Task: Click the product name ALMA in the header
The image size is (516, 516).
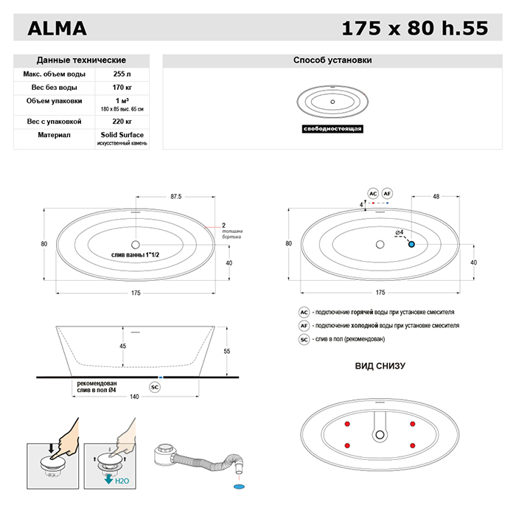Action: point(57,29)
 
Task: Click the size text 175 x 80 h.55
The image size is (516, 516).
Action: point(415,29)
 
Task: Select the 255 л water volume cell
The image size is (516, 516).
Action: point(118,74)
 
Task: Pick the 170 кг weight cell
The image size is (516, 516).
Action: point(118,88)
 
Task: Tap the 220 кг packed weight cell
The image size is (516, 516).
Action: point(118,121)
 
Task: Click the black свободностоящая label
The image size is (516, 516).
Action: point(332,129)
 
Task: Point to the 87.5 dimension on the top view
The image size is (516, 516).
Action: point(175,197)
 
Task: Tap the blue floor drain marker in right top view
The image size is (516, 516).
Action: point(411,243)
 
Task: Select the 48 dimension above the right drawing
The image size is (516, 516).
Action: point(436,197)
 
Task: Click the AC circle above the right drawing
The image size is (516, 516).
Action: point(372,193)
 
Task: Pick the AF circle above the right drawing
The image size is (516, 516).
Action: point(388,193)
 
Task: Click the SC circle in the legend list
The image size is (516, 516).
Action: point(304,339)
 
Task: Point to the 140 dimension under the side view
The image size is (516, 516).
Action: point(135,397)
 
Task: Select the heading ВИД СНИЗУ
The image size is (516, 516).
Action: point(380,366)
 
